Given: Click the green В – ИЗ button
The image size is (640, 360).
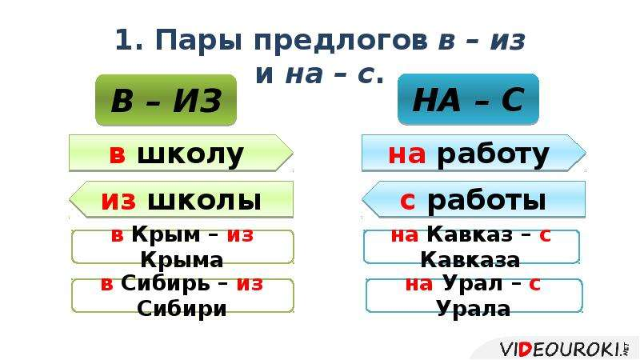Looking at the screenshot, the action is (166, 100).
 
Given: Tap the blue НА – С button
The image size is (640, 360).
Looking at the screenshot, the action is (468, 99).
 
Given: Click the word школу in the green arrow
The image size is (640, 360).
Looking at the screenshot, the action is (190, 154).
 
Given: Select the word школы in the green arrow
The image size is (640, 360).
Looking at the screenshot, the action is (204, 201).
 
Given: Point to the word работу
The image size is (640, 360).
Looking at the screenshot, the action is (493, 155).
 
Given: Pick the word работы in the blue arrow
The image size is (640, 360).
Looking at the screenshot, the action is (486, 202).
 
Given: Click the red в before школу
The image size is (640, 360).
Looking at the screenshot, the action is (117, 154).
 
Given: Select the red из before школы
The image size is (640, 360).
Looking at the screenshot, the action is (118, 201).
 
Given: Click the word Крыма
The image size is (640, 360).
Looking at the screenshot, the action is (182, 259).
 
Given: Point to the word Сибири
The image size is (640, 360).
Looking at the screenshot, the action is (182, 308).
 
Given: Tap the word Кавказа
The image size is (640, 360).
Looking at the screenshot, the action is (470, 259).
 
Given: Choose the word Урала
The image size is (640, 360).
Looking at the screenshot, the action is (473, 308).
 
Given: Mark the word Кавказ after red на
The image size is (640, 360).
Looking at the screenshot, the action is (470, 234).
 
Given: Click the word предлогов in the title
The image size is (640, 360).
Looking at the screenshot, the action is (340, 41).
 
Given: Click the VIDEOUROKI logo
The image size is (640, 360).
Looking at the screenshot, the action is (565, 350).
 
